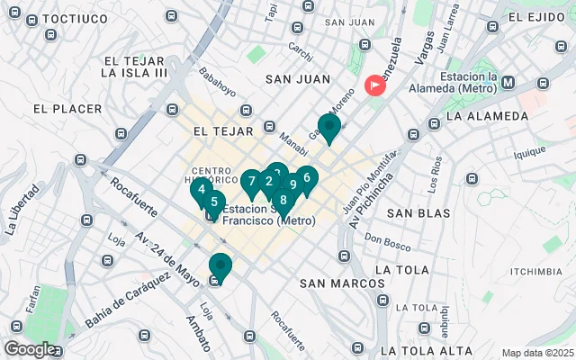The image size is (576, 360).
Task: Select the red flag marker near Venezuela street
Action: (373, 86)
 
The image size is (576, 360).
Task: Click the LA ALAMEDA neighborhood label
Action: (487, 116)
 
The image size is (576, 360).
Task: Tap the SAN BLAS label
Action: (418, 213)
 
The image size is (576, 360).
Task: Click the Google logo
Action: (30, 348)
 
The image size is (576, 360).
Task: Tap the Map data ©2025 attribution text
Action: (536, 353)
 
